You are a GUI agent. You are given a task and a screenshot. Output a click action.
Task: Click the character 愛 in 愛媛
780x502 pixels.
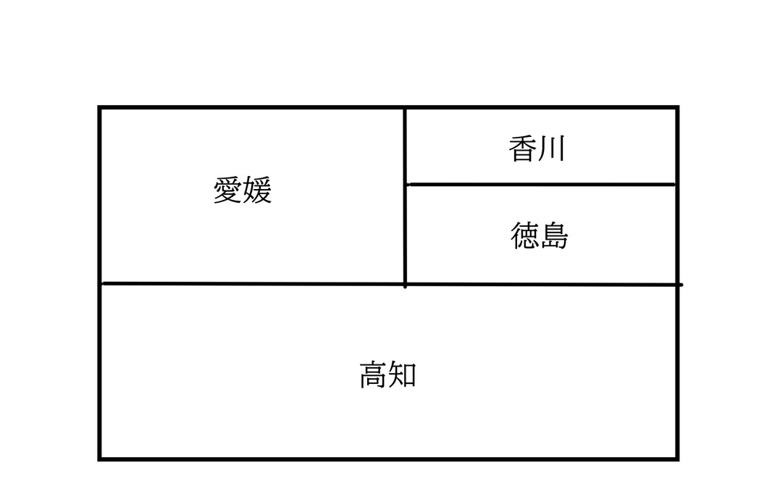227,191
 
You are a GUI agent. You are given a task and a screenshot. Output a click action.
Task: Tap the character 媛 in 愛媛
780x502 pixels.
257,191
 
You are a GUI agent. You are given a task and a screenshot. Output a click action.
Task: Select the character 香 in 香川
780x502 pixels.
522,149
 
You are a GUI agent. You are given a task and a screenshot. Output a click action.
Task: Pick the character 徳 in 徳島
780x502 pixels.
524,236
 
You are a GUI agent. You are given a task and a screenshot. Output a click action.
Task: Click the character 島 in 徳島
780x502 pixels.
554,236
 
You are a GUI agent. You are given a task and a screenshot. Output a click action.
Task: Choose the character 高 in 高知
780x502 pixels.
373,375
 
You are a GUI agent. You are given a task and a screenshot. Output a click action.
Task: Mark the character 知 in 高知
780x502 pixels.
403,375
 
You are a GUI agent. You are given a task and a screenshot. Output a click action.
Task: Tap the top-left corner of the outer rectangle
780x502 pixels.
100,108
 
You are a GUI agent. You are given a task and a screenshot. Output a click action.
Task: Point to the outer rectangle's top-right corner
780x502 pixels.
677,108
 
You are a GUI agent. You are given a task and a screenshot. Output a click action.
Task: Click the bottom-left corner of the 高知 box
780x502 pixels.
100,459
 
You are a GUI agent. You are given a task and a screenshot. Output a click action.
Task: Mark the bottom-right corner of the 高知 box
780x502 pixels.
677,459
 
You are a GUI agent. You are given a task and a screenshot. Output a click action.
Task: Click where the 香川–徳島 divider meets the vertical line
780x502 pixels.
406,185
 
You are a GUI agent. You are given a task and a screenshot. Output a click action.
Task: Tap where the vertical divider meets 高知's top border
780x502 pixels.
405,284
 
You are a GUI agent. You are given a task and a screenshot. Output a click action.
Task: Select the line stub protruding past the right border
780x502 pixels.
681,285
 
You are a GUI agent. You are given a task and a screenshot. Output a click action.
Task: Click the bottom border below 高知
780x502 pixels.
388,459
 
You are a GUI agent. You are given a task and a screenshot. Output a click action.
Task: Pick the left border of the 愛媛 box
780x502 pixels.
100,196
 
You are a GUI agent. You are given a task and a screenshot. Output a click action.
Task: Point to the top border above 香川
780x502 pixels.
540,108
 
